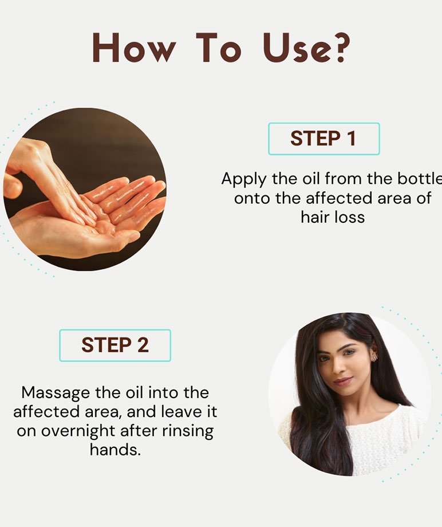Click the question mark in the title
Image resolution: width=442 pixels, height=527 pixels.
tap(341, 48)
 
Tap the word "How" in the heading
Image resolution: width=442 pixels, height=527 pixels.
tap(134, 48)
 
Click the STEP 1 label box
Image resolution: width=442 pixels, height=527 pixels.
tap(324, 139)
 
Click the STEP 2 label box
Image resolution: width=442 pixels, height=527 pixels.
tap(115, 345)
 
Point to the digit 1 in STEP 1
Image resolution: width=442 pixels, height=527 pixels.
tap(351, 139)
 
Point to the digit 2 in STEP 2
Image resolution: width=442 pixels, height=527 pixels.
tap(143, 345)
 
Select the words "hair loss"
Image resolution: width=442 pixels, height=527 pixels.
tap(333, 217)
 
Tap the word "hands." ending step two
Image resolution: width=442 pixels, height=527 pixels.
tap(115, 449)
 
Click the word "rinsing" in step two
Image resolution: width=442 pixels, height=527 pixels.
tap(188, 431)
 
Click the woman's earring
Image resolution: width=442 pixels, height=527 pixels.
tap(374, 357)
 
